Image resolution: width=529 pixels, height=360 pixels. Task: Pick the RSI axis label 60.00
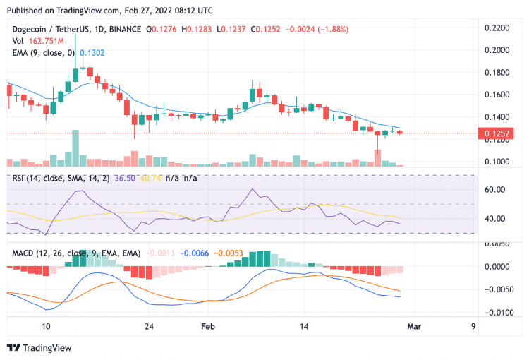pyautogui.click(x=492, y=190)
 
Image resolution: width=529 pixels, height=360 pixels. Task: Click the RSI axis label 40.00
pyautogui.click(x=492, y=218)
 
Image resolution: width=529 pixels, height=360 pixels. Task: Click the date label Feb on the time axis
pyautogui.click(x=207, y=327)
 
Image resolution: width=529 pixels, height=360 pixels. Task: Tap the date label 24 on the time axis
pyautogui.click(x=148, y=327)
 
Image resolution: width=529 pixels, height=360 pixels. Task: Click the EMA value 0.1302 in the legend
pyautogui.click(x=92, y=52)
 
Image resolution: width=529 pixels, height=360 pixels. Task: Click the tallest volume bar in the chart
pyautogui.click(x=75, y=148)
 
